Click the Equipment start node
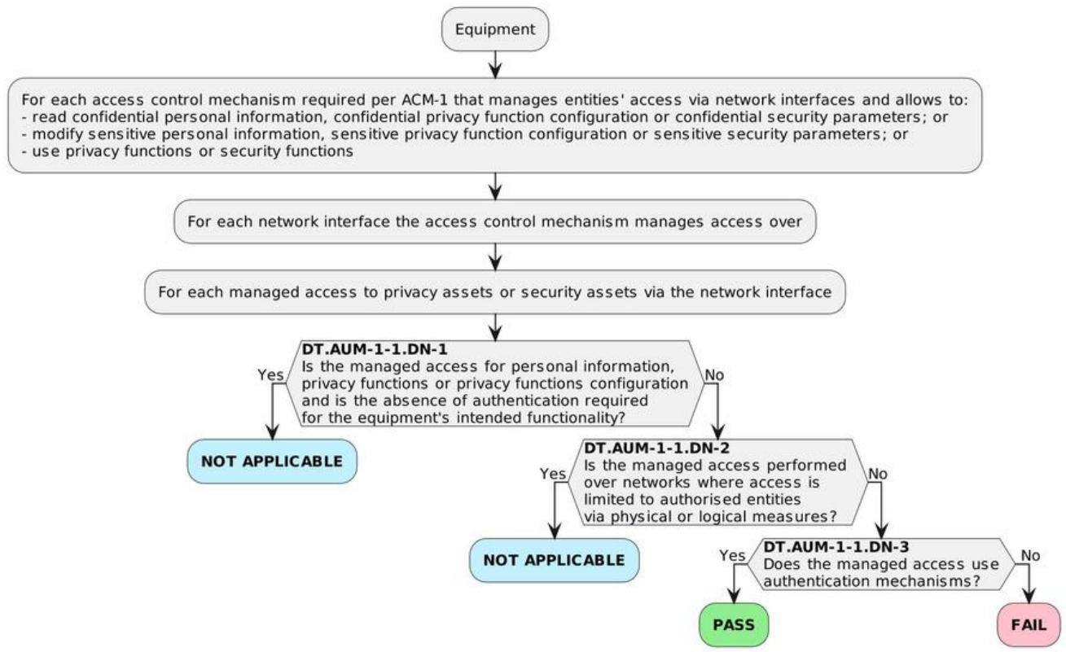click(495, 29)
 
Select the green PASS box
click(734, 625)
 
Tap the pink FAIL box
click(1029, 625)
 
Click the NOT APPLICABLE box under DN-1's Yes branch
click(272, 462)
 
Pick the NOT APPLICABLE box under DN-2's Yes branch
click(554, 560)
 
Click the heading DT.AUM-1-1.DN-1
click(375, 349)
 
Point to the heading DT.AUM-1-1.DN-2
click(656, 448)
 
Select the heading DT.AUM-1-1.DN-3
click(836, 547)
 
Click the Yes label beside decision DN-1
click(270, 374)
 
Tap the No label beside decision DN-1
click(714, 375)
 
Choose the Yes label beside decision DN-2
click(552, 474)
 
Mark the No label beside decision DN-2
click(878, 474)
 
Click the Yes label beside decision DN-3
click(732, 555)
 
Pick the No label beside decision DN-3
click(1030, 555)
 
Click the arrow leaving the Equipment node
click(495, 64)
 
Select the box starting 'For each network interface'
click(495, 221)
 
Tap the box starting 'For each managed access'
click(495, 292)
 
